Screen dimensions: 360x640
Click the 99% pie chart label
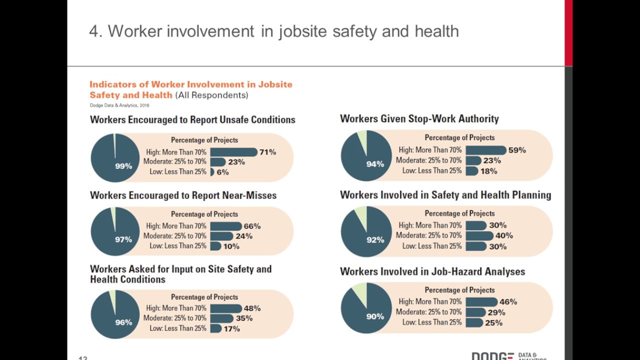click(x=123, y=166)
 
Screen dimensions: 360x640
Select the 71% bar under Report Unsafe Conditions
click(x=233, y=152)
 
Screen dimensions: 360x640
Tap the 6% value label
click(x=222, y=172)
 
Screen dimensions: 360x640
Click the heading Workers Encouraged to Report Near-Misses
click(x=183, y=195)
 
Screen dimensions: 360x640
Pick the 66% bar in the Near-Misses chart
click(x=225, y=226)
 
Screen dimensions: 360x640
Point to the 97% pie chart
click(x=115, y=231)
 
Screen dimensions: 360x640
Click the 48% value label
click(x=252, y=308)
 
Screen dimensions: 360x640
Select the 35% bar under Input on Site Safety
click(x=221, y=318)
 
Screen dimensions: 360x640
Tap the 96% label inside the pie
click(x=123, y=322)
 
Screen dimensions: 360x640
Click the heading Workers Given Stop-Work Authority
click(x=419, y=119)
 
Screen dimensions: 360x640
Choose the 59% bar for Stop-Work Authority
click(x=485, y=150)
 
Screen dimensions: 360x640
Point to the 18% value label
click(x=488, y=171)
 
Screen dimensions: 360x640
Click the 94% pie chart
click(x=366, y=156)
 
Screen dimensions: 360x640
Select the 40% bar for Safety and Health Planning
click(x=479, y=235)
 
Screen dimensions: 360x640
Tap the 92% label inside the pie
click(x=375, y=240)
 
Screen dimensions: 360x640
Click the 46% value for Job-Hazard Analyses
click(x=508, y=302)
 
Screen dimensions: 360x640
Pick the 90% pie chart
click(x=366, y=308)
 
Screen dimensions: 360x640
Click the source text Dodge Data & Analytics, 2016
click(x=119, y=105)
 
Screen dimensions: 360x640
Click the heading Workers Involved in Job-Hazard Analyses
click(x=432, y=271)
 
